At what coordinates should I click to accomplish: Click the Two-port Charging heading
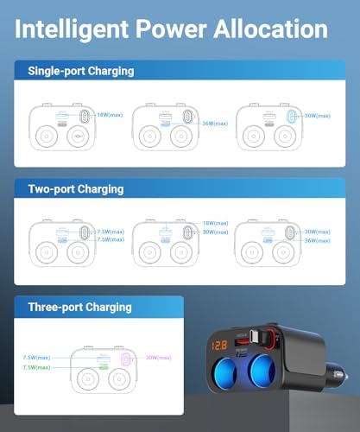(75, 188)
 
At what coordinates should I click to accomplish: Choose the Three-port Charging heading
(79, 307)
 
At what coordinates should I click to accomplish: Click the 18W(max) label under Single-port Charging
(110, 113)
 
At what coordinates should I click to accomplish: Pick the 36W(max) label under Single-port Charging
(213, 122)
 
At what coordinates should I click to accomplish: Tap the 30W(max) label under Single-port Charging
(317, 113)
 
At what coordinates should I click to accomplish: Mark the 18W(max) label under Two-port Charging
(213, 223)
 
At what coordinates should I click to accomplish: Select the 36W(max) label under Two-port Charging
(317, 240)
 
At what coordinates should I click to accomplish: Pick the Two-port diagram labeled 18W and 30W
(164, 243)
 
